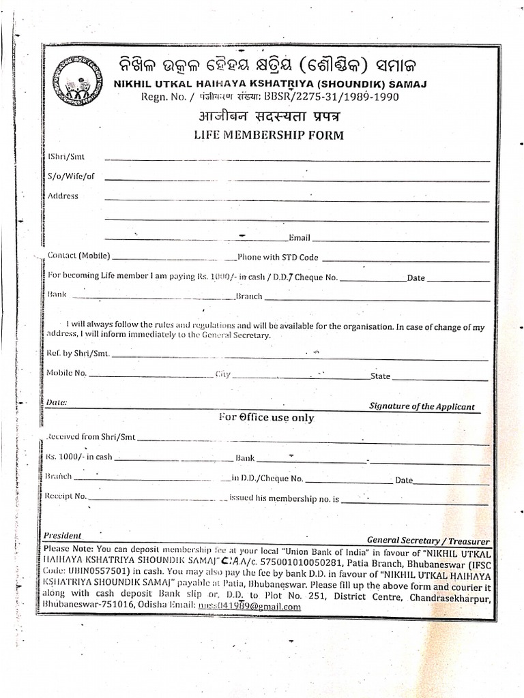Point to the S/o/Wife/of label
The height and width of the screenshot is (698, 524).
click(x=71, y=177)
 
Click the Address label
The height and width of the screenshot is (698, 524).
click(x=63, y=196)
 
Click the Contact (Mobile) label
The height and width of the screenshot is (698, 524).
click(x=78, y=256)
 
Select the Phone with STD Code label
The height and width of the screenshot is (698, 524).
click(x=278, y=258)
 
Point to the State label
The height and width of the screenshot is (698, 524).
click(x=380, y=376)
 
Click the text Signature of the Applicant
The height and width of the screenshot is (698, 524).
click(x=422, y=406)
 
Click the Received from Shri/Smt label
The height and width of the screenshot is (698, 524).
click(x=91, y=436)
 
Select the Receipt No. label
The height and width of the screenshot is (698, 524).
click(x=66, y=496)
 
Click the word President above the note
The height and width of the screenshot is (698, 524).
click(x=62, y=536)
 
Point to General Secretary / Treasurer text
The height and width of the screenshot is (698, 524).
click(x=428, y=540)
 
